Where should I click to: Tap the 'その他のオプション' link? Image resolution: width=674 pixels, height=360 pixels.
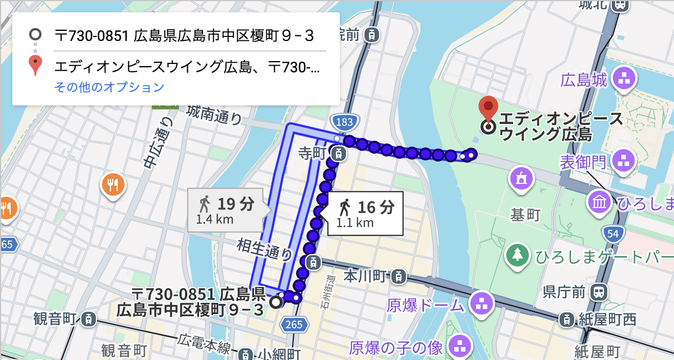[x=109, y=87]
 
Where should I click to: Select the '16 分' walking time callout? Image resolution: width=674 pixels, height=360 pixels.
[x=364, y=214]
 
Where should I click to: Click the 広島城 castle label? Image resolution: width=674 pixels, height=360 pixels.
[x=585, y=80]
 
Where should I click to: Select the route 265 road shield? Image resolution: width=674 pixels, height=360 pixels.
[x=293, y=324]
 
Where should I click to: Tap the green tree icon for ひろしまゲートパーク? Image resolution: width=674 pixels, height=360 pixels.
[x=518, y=255]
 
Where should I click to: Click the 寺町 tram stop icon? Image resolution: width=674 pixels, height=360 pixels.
[x=338, y=152]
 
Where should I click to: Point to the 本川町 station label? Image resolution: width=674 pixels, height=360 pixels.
[x=365, y=276]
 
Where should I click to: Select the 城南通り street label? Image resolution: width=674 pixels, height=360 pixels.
[x=215, y=114]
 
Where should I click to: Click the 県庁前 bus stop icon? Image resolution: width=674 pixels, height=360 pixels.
[x=599, y=292]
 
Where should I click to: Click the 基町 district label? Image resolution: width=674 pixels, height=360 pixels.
[x=525, y=214]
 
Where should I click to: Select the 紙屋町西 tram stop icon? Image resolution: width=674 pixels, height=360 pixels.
[x=567, y=320]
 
